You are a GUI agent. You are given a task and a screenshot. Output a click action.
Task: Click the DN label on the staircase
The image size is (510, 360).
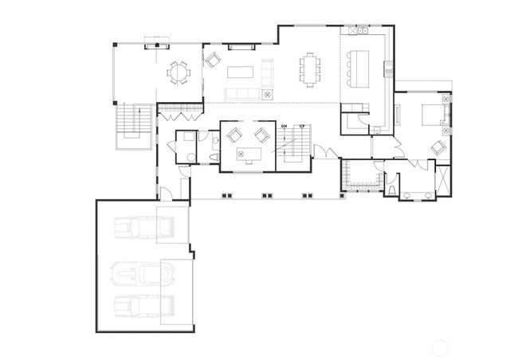click(x=284, y=127)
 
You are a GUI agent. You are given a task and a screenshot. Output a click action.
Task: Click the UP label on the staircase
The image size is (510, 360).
click(x=301, y=127)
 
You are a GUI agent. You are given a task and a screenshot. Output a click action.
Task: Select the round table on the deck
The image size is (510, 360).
click(x=179, y=74)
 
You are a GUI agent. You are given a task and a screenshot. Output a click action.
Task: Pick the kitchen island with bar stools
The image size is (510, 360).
click(x=364, y=63)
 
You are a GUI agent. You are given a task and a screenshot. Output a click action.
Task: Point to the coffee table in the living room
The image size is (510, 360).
click(x=240, y=72)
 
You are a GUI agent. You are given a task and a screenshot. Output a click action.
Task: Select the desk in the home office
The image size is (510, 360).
click(x=248, y=153)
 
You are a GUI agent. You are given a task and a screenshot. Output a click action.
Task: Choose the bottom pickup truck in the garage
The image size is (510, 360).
click(x=144, y=306)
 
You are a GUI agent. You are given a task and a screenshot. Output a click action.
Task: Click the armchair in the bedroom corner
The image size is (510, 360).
click(x=437, y=147)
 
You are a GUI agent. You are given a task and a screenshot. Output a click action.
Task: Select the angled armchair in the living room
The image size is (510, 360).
click(x=213, y=59)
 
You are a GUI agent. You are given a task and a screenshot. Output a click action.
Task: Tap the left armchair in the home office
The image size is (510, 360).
click(x=233, y=135)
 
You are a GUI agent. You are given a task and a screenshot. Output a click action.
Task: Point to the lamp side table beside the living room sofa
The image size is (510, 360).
click(x=268, y=93)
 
